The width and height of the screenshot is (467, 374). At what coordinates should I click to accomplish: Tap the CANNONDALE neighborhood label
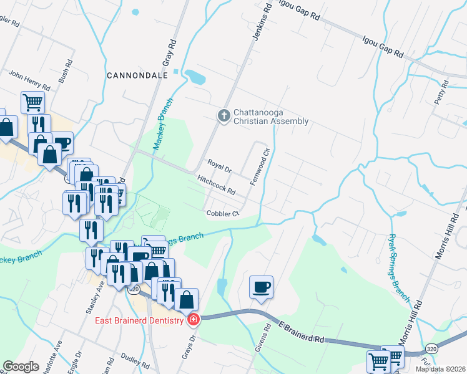click(x=137, y=75)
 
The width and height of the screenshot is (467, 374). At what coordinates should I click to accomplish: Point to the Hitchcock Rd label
click(x=216, y=184)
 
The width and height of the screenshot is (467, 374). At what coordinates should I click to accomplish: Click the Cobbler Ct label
click(x=223, y=213)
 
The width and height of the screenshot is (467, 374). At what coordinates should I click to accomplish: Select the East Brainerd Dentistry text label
click(x=139, y=321)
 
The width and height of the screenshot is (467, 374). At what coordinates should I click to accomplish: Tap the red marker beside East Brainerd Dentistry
click(x=194, y=320)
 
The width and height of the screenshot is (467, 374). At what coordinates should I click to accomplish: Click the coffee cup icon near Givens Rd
click(x=261, y=287)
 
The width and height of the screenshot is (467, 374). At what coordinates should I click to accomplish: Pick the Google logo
click(x=21, y=367)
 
